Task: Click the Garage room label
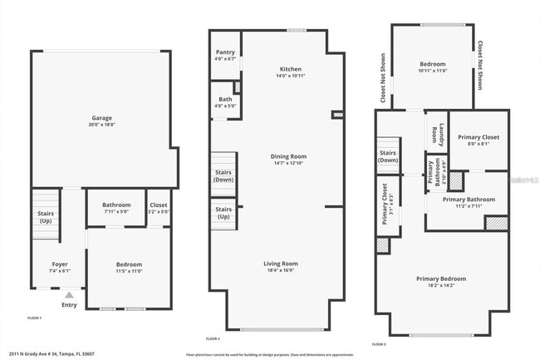(101, 118)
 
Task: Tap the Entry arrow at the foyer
(69, 294)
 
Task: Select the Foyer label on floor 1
(49, 264)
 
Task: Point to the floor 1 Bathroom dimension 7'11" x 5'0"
(116, 211)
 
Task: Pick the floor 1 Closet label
(158, 205)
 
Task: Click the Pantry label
(225, 52)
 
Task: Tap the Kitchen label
(290, 69)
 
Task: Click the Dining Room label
(289, 156)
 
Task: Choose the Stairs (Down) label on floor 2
(223, 175)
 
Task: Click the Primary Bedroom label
(440, 279)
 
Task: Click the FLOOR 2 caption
(213, 338)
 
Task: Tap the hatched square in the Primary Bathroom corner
(496, 223)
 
